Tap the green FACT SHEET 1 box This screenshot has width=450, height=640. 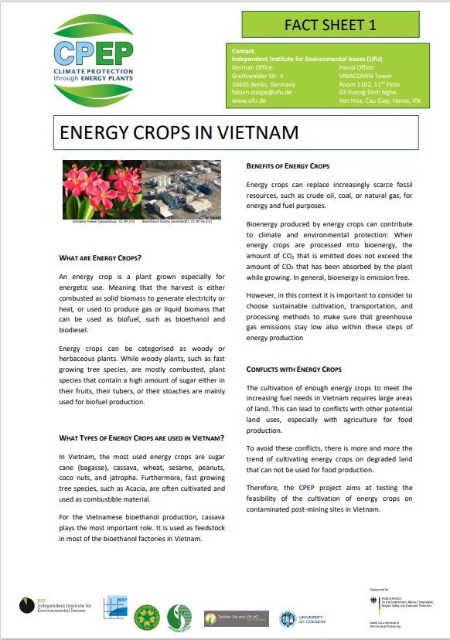[x=330, y=25]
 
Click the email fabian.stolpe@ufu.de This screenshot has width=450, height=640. [x=261, y=92]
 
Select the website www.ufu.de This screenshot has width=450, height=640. [x=248, y=100]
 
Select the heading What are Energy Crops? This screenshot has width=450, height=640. [x=101, y=257]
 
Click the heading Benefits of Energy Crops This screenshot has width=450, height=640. [x=288, y=166]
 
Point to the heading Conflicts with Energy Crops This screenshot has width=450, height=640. [x=293, y=369]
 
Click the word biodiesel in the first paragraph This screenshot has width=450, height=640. [x=77, y=329]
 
